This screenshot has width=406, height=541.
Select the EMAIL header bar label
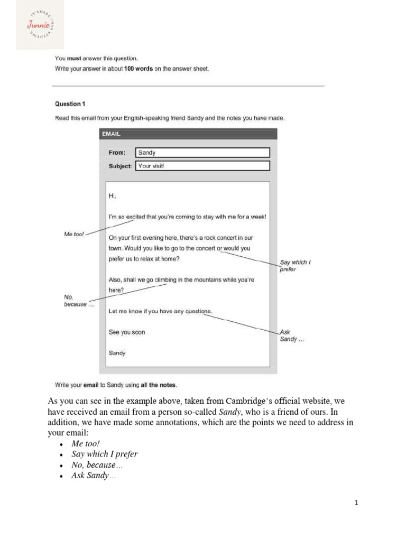[x=112, y=134]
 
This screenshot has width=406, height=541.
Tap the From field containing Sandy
[x=202, y=153]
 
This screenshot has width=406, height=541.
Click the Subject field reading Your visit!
[x=202, y=166]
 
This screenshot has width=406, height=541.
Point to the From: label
[x=117, y=153]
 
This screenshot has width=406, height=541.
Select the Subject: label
[x=120, y=166]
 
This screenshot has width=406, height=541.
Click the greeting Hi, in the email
[x=112, y=196]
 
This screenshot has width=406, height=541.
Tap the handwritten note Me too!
[x=74, y=234]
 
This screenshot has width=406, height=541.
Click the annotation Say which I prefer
[x=294, y=266]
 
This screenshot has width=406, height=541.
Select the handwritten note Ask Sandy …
[x=292, y=335]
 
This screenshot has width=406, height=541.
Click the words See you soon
[x=126, y=332]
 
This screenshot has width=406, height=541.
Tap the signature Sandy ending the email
[x=117, y=353]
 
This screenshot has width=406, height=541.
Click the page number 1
[x=356, y=503]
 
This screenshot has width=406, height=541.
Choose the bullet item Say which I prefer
[x=104, y=454]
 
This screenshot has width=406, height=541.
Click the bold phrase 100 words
[x=138, y=69]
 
